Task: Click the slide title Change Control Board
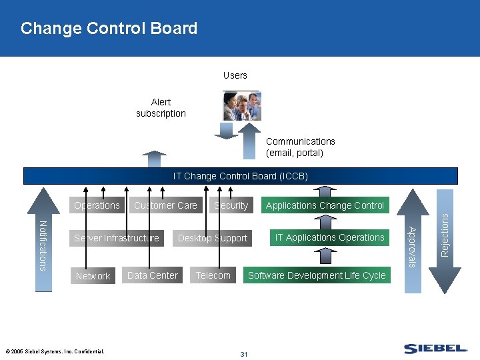pos(109,29)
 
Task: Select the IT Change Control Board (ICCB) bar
pos(241,176)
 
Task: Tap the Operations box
pos(97,205)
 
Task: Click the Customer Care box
pos(165,205)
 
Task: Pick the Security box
pos(231,205)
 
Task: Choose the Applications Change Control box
pos(325,205)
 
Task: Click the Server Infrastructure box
pos(117,238)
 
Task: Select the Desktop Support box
pos(212,238)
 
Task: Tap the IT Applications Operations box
pos(329,237)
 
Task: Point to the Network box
pos(93,275)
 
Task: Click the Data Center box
pos(152,275)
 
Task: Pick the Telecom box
pos(213,275)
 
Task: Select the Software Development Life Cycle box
pos(317,275)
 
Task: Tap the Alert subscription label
pos(161,107)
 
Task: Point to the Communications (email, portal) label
pos(300,147)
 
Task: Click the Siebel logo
pos(435,348)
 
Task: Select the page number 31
pos(243,354)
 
